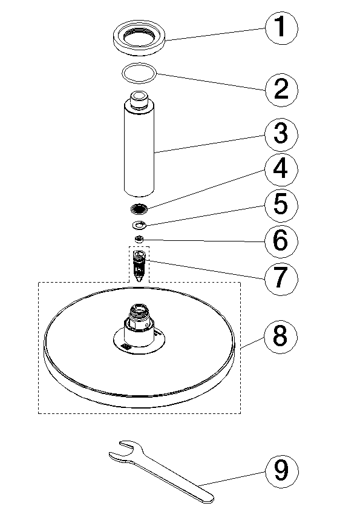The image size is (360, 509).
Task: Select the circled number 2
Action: click(x=281, y=89)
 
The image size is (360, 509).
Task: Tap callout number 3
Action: click(x=281, y=134)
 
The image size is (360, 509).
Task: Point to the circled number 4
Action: click(x=281, y=170)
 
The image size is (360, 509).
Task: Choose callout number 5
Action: click(x=281, y=205)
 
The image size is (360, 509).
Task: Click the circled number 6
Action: click(x=281, y=241)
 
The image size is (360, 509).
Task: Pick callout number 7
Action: click(x=281, y=278)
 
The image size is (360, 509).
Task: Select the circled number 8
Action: click(x=281, y=337)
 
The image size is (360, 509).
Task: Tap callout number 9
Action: click(x=281, y=471)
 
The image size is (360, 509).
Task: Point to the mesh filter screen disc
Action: click(x=139, y=208)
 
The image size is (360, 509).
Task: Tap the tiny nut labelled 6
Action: click(x=140, y=240)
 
